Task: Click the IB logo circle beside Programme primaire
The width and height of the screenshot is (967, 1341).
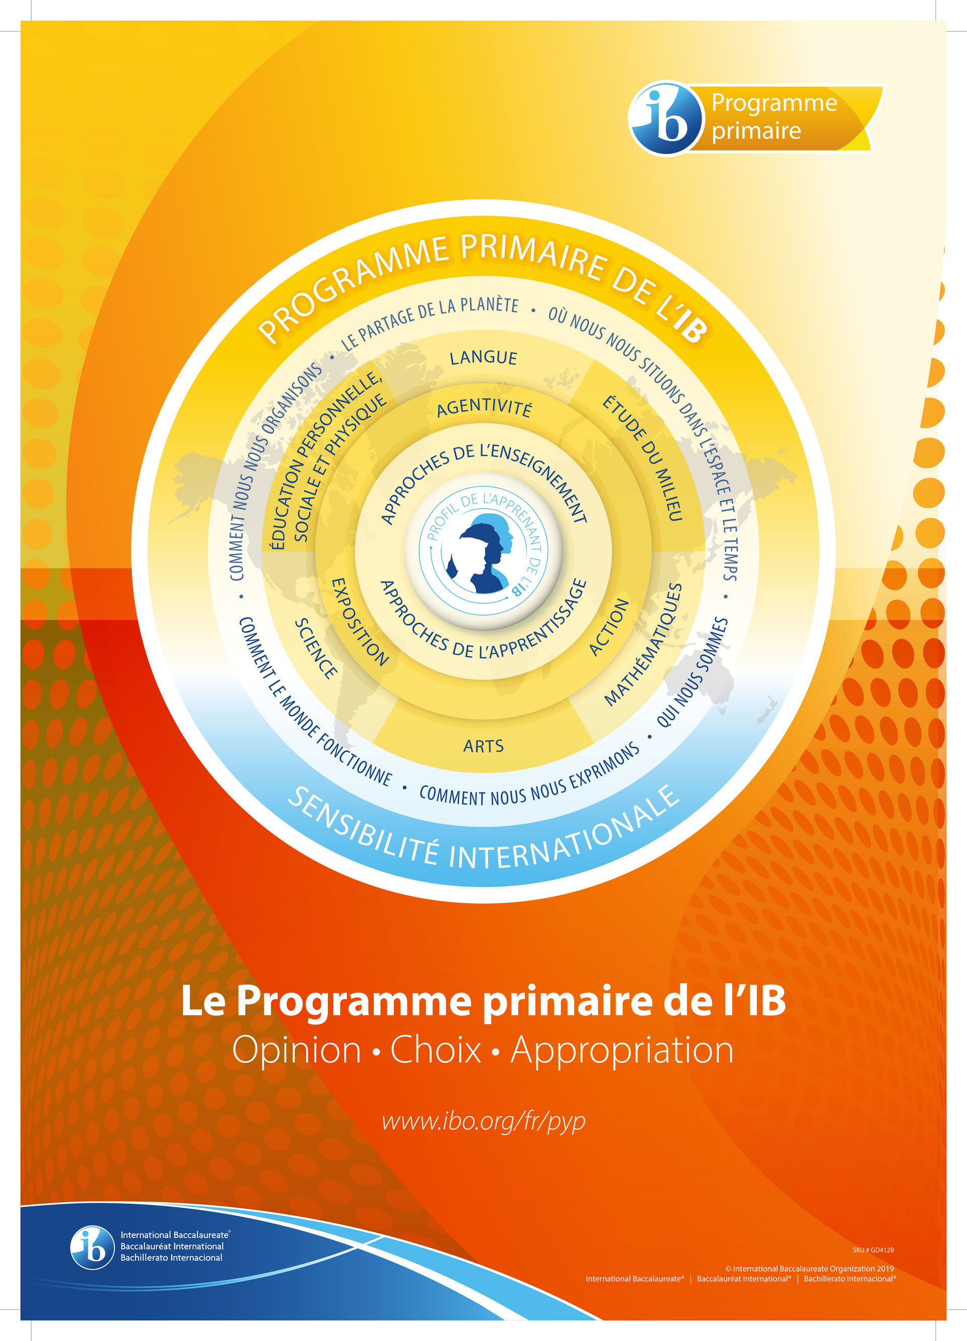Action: point(665,118)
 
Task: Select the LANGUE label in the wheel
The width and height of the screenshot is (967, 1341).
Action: point(483,358)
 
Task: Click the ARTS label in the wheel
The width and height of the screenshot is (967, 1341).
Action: point(483,746)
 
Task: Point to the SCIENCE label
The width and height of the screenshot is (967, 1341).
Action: point(316,649)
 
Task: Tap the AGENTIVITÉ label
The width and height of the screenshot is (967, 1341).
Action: point(484,407)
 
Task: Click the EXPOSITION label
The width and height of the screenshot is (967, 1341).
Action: point(359,623)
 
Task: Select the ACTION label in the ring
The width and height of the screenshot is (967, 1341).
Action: point(609,627)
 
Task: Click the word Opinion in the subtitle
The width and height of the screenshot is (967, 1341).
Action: point(296,1050)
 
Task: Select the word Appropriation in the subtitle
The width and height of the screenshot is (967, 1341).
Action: point(621,1050)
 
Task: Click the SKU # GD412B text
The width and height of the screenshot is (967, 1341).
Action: point(873,1250)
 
